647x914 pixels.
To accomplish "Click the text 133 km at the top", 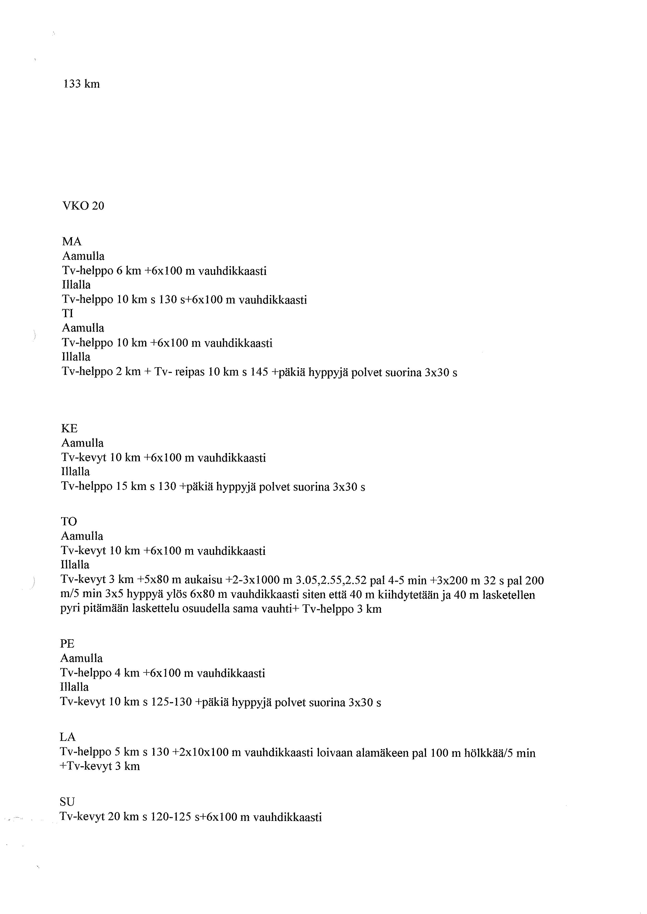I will pyautogui.click(x=81, y=84).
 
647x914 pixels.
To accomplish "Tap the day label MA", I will pyautogui.click(x=72, y=242).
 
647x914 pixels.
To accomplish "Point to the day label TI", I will pyautogui.click(x=68, y=314).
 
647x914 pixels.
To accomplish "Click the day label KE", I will pyautogui.click(x=69, y=429).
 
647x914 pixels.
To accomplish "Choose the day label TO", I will pyautogui.click(x=69, y=522).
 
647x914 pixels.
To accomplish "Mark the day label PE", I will pyautogui.click(x=67, y=644).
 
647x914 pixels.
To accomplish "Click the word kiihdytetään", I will pyautogui.click(x=411, y=595).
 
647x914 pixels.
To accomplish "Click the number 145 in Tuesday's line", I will pyautogui.click(x=259, y=373).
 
